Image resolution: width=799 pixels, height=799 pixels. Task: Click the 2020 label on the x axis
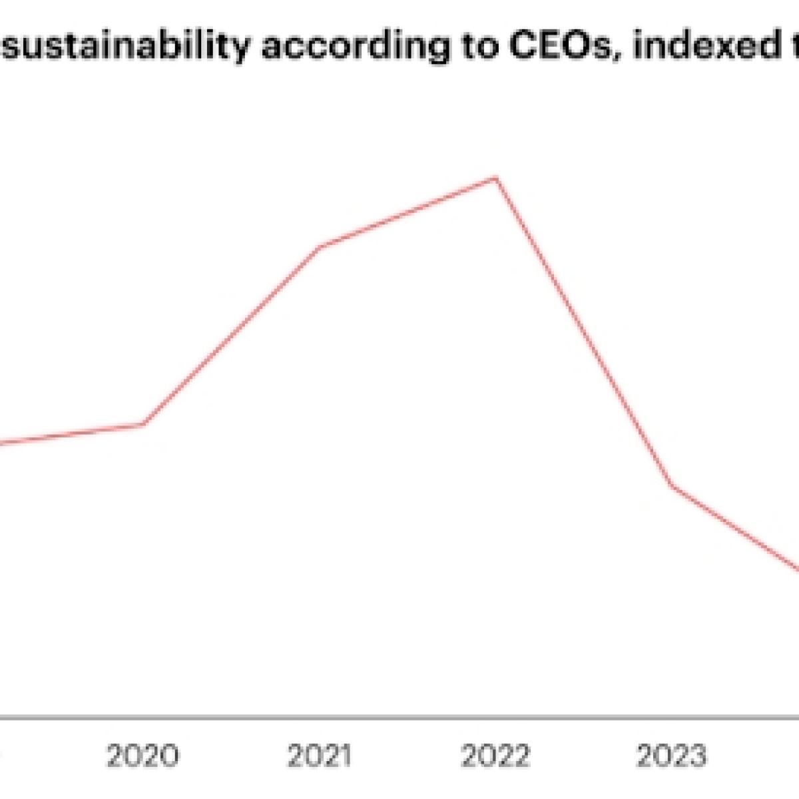coord(143,756)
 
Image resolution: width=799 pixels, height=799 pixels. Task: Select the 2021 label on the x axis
coord(320,756)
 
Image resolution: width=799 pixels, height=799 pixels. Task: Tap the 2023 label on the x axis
coord(671,756)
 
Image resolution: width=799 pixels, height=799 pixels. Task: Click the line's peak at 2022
coord(495,178)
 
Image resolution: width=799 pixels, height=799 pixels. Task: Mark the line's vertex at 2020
coord(144,423)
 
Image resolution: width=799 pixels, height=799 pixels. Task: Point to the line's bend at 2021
coord(320,247)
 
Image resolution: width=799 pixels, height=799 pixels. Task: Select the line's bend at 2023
coord(672,485)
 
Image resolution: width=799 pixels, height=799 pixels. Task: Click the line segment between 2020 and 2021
coord(232,336)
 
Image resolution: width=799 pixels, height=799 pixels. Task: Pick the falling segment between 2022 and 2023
coord(583,332)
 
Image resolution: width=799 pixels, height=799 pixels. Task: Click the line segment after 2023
coord(736,528)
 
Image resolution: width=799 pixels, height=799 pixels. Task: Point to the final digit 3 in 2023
coord(696,756)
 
